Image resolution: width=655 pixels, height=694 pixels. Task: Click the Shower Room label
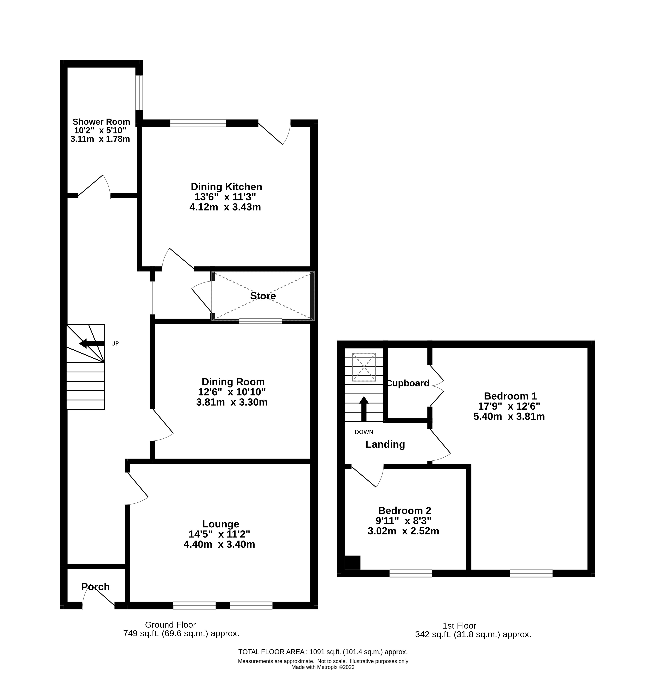pos(101,122)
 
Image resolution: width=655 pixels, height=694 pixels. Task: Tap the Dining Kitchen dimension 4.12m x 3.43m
pos(225,207)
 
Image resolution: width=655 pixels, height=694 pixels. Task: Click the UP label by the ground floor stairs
pos(115,343)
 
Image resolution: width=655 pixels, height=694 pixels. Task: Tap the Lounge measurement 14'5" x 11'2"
pos(219,534)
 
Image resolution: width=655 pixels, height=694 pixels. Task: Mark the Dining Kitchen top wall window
pos(198,123)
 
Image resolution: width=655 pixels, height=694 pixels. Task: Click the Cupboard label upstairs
pos(408,383)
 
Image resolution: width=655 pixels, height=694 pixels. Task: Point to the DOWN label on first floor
pos(364,432)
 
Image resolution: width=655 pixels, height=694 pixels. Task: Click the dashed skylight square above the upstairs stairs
pos(364,367)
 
